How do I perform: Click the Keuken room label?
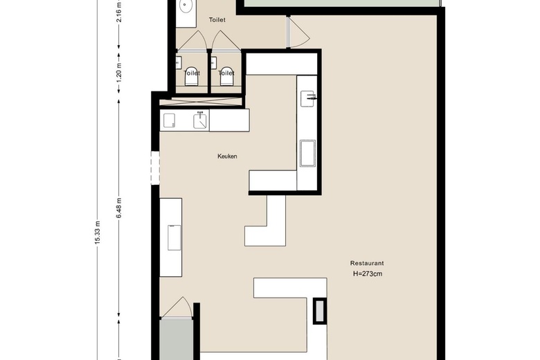click(227, 156)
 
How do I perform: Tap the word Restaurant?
click(367, 263)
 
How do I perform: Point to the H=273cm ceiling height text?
click(368, 274)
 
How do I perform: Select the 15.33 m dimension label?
click(98, 233)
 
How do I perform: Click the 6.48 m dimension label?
click(119, 208)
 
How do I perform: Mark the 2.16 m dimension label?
click(119, 12)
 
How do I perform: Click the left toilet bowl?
click(192, 75)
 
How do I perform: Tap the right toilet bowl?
click(226, 75)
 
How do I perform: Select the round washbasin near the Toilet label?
click(186, 6)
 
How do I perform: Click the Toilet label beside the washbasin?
click(217, 20)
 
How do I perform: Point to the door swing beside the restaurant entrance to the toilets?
click(299, 32)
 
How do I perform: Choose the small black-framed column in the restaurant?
click(320, 311)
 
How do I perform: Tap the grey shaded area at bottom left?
click(176, 339)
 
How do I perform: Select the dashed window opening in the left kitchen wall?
click(155, 168)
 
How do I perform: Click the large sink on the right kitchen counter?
click(307, 153)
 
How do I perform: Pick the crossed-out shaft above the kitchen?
click(201, 102)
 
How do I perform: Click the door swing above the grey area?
click(177, 307)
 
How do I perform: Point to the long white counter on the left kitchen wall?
click(171, 237)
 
